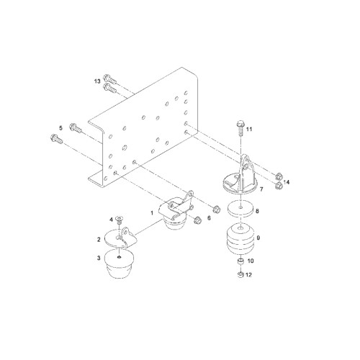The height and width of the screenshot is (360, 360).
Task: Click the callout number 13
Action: click(97, 81)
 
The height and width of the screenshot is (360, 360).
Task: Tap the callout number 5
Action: click(60, 128)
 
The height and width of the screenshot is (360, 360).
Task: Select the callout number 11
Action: click(249, 129)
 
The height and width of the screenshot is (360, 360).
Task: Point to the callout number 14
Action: click(287, 182)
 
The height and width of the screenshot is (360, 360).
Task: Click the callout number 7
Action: click(261, 189)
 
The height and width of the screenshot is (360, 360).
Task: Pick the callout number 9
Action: click(258, 238)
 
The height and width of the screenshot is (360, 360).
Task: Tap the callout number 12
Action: click(248, 274)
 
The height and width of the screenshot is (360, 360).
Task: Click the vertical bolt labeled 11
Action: click(240, 127)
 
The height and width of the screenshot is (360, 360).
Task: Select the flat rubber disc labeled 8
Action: click(240, 209)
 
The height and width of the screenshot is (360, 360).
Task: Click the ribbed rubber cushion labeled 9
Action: click(240, 238)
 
